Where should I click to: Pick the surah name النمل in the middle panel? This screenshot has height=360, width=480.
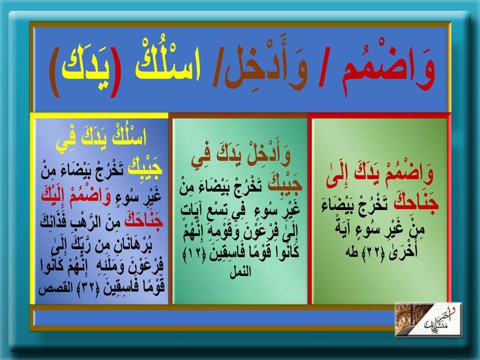tap(240, 271)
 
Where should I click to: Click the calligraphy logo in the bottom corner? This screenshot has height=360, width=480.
tap(428, 319)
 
